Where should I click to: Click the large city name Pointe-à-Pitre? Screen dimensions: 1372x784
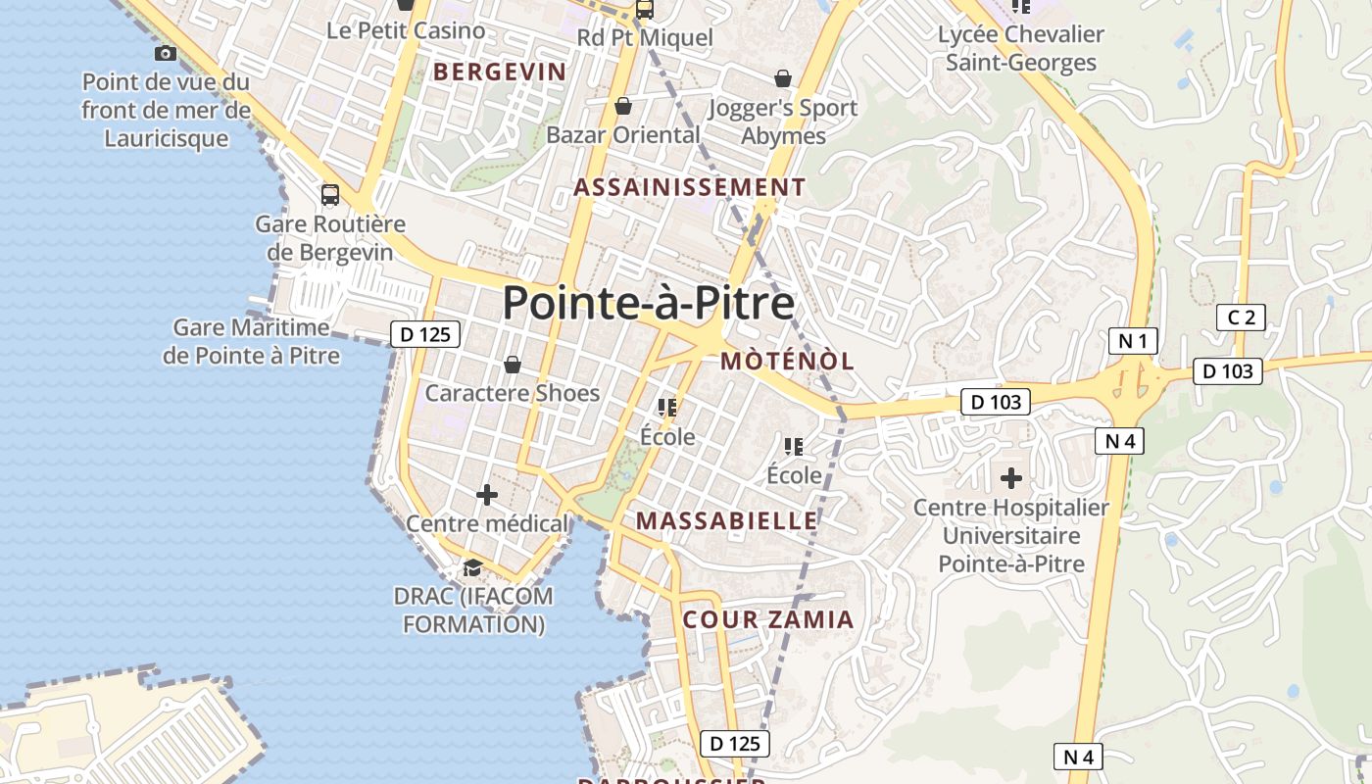[648, 303]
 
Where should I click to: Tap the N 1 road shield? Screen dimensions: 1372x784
[1133, 341]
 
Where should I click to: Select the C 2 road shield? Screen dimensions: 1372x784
[1241, 317]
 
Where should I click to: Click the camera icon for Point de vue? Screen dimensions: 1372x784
[166, 53]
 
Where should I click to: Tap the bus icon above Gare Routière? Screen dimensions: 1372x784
[330, 194]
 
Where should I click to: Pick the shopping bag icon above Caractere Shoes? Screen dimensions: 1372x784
[512, 366]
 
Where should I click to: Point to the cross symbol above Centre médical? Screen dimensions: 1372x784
[486, 495]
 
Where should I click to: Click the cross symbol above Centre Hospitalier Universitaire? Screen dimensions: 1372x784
[1011, 478]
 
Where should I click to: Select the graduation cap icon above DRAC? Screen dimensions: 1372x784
[472, 567]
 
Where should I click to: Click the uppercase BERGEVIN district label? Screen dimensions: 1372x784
[500, 72]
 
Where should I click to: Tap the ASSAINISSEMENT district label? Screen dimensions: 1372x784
[690, 187]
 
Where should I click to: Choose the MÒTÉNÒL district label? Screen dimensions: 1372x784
[787, 361]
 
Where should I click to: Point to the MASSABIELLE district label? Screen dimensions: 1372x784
[726, 520]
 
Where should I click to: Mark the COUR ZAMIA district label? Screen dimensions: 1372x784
[768, 619]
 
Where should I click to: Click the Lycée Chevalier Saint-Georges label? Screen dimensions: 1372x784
[1021, 48]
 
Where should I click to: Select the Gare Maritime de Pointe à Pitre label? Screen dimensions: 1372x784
[251, 341]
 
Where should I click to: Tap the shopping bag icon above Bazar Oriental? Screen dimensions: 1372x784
[622, 106]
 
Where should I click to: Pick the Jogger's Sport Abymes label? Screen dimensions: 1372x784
[783, 122]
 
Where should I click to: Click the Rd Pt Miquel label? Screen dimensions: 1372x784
[645, 38]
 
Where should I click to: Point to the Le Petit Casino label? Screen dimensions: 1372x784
[406, 30]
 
